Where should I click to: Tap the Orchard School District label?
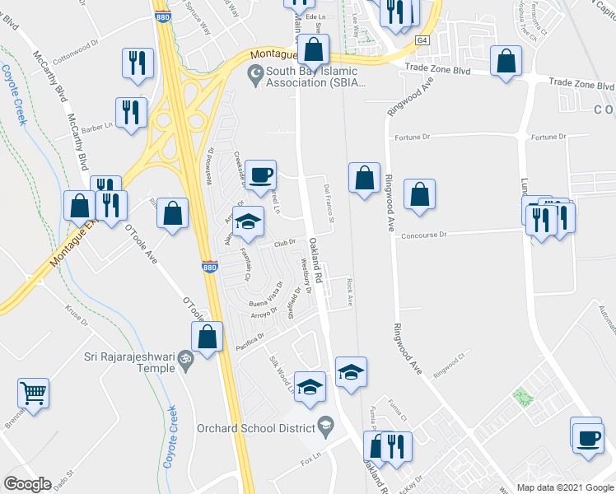pyautogui.click(x=256, y=427)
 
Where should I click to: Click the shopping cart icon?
pyautogui.click(x=33, y=392)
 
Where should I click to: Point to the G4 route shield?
pyautogui.click(x=422, y=40)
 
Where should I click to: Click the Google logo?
pyautogui.click(x=27, y=484)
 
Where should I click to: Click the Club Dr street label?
pyautogui.click(x=284, y=242)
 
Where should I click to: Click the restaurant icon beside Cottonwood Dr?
pyautogui.click(x=137, y=62)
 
